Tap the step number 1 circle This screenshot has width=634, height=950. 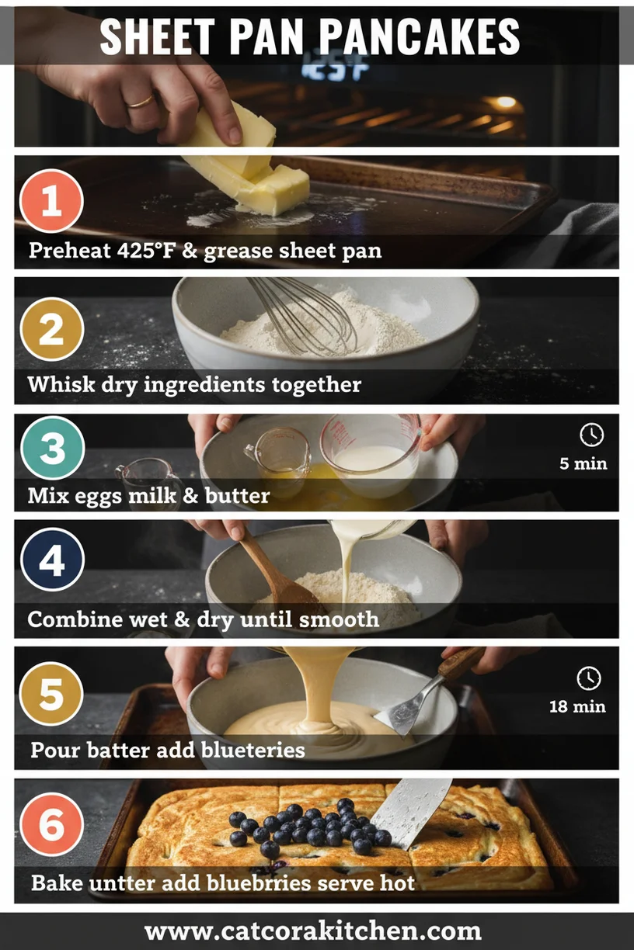click(51, 201)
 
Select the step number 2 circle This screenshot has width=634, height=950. click(51, 329)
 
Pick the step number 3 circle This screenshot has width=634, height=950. click(51, 447)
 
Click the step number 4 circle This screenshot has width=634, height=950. click(51, 560)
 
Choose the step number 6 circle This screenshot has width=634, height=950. click(51, 824)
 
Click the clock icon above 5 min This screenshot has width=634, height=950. click(591, 435)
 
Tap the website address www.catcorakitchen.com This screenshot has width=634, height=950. click(313, 931)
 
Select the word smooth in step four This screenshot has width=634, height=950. click(336, 619)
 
